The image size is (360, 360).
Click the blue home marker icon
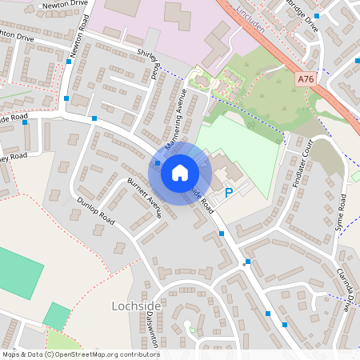180,172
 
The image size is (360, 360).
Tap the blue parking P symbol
229,192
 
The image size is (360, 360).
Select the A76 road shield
305,79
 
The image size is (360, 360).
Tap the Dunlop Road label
96,210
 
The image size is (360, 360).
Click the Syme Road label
342,207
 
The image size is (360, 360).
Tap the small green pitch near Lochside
56,315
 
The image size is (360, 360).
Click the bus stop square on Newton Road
67,98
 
